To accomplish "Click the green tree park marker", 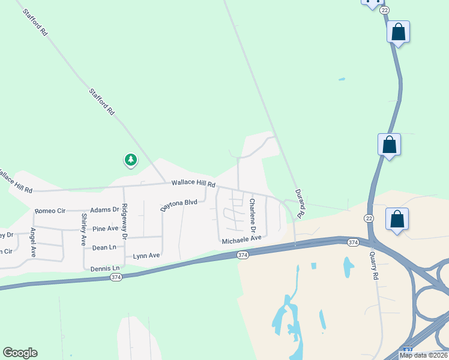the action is (130, 160).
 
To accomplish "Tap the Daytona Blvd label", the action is (179, 205).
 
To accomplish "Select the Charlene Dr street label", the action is (253, 216).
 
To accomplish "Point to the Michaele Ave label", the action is (242, 239).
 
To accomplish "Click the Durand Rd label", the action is (300, 203).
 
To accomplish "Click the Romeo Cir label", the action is (49, 211).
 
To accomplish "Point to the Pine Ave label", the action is (105, 229).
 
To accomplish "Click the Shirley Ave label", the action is (84, 229).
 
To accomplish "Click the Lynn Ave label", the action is (146, 256).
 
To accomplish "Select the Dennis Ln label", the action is (105, 268).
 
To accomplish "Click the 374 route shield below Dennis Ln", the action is (116, 277).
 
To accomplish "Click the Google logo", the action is (20, 353).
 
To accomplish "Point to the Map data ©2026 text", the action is (424, 355).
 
